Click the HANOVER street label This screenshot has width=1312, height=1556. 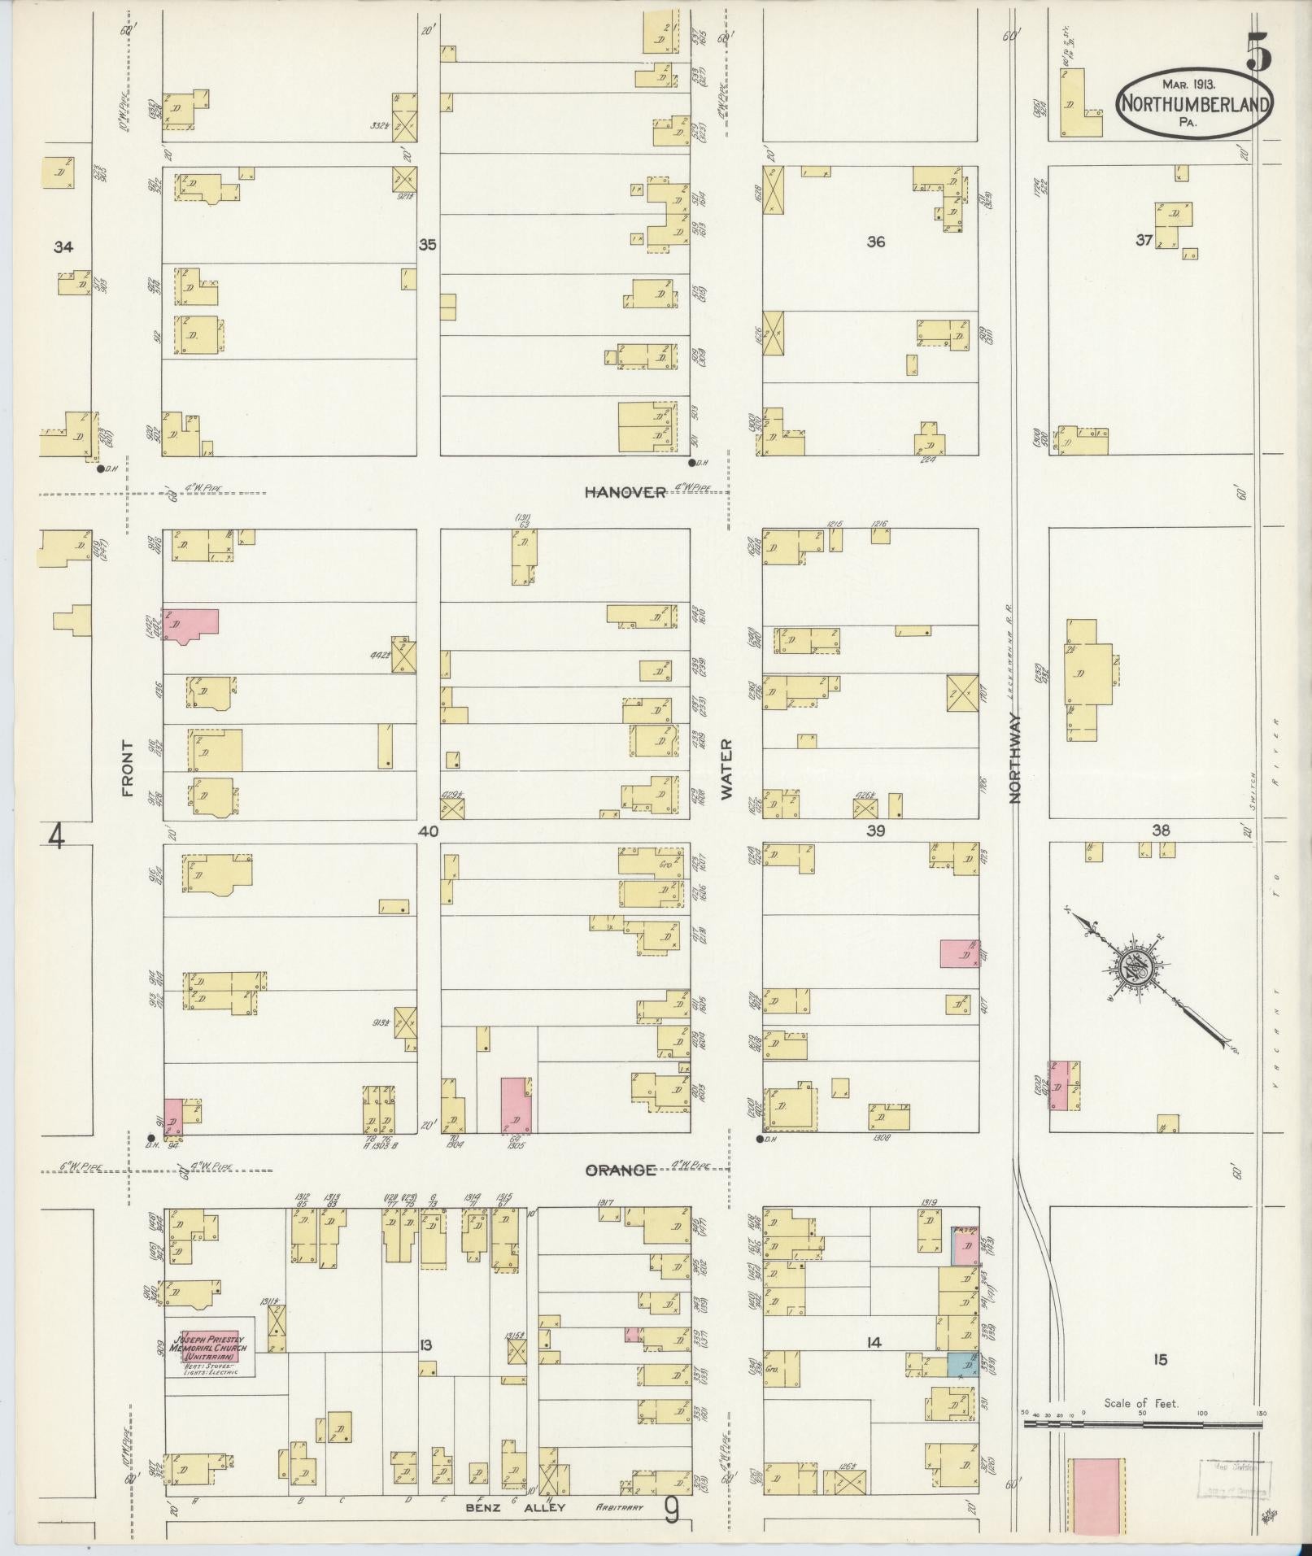point(626,492)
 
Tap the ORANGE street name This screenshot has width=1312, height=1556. point(621,1170)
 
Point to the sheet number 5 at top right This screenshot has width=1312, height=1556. point(1258,55)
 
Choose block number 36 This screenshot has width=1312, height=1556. point(875,242)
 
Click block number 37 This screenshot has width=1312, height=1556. point(1144,240)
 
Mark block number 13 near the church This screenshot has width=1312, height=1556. point(425,1345)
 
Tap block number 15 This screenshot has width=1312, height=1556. point(1160,1359)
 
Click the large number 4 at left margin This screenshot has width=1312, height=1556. point(56,835)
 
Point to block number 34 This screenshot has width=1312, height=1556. point(63,247)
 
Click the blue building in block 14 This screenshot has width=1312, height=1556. point(962,1365)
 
